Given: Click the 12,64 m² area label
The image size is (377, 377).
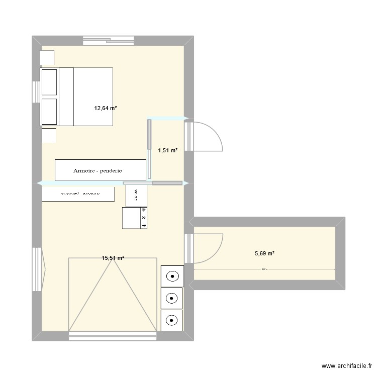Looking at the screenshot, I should point(106,108).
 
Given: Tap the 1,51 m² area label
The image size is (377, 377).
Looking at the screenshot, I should point(168,150).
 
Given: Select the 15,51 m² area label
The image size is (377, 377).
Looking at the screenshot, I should point(113,258).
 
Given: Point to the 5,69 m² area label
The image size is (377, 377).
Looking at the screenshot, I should point(264,254).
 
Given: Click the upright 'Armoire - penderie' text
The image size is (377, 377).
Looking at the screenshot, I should point(101,170).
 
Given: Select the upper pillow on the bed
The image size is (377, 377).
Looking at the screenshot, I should point(49,82).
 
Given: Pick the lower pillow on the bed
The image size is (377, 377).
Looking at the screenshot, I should point(49,111).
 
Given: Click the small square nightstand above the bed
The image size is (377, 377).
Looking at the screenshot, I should point(47,57).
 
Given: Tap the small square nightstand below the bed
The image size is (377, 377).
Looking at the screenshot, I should point(49,136).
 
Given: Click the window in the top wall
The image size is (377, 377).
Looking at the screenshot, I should point(109,40).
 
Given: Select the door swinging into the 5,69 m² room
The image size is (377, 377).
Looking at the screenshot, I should point(209,248).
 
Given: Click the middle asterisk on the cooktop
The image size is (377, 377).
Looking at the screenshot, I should point(144,218).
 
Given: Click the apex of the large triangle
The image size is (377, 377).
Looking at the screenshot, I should point(113,258).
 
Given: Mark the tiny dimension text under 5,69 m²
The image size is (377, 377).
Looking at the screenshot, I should point(264,269).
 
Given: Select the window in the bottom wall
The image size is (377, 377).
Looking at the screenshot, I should point(113,336).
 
